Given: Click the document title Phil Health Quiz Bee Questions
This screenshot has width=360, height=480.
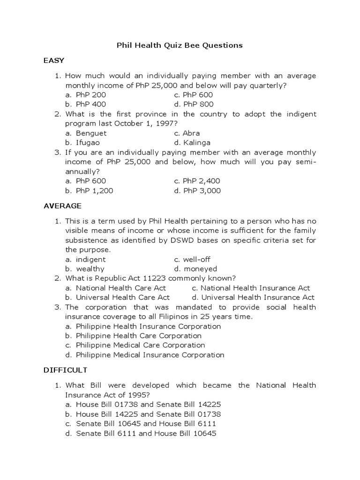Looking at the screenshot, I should tap(180, 45).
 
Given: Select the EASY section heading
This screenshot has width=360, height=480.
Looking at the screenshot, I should tap(54, 60).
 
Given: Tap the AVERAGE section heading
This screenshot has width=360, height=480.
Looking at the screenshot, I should tap(62, 206).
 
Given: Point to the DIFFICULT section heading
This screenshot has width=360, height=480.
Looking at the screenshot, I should tap(65, 370).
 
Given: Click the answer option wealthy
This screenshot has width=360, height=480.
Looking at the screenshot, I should tap(90, 269).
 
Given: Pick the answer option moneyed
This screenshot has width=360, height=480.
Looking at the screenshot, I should tap(200, 269).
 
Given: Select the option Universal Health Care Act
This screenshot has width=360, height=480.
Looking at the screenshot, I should tap(122, 297).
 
